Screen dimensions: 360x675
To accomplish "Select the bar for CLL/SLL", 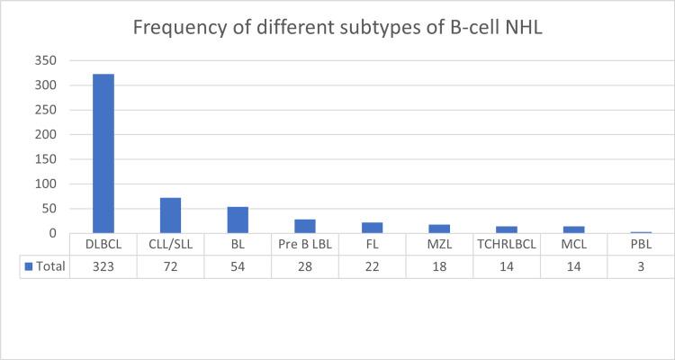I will [x=171, y=216].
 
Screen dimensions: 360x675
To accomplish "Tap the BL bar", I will [x=238, y=220].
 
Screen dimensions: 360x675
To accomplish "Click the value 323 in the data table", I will [x=103, y=267].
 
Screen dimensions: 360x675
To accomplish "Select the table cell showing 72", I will [x=171, y=267].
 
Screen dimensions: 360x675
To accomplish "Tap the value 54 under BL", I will [x=238, y=267].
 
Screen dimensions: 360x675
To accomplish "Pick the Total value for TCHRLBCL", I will [x=507, y=267].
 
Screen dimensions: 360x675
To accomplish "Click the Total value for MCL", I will [x=574, y=267].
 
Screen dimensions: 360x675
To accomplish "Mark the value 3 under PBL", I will [x=641, y=267].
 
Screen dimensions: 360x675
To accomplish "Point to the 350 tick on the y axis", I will [x=45, y=61].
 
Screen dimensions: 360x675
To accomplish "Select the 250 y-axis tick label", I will [x=45, y=111].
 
